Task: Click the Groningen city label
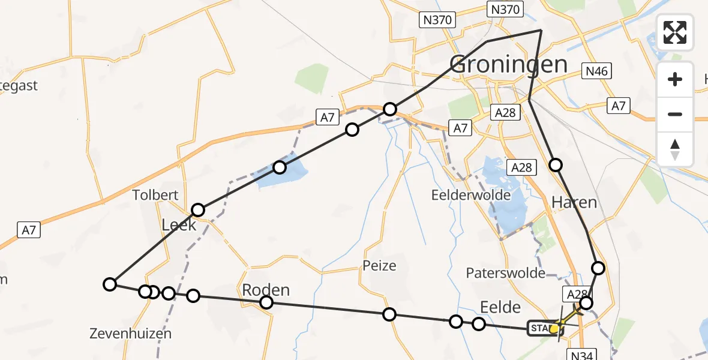click(508, 64)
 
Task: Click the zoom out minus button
click(675, 114)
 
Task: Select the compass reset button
click(675, 149)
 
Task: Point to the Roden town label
click(266, 290)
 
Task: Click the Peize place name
click(379, 265)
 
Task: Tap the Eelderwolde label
click(471, 195)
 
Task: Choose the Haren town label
click(574, 202)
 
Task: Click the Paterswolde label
click(505, 274)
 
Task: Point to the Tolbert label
click(156, 195)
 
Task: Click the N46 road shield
click(597, 72)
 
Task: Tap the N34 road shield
click(580, 355)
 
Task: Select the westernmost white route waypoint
click(109, 284)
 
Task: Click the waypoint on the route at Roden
click(266, 302)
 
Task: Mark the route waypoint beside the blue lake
click(280, 167)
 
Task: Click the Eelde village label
click(500, 307)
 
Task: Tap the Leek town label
click(179, 225)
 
